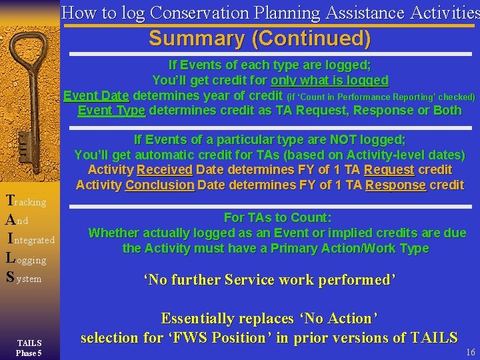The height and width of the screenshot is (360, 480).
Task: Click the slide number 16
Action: (471, 352)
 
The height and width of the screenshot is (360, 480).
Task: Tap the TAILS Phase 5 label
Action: (29, 347)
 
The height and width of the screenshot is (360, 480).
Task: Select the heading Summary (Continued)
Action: (259, 39)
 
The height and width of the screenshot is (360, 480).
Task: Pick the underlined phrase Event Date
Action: (97, 95)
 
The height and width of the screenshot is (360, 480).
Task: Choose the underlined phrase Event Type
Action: (111, 110)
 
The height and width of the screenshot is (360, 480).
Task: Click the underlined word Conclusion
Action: (160, 185)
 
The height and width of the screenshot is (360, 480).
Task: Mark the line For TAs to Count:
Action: (277, 218)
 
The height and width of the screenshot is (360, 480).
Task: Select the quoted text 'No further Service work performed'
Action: (270, 279)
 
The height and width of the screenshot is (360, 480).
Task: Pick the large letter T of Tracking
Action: (9, 200)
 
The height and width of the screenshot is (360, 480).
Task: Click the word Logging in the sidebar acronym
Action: (26, 259)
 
